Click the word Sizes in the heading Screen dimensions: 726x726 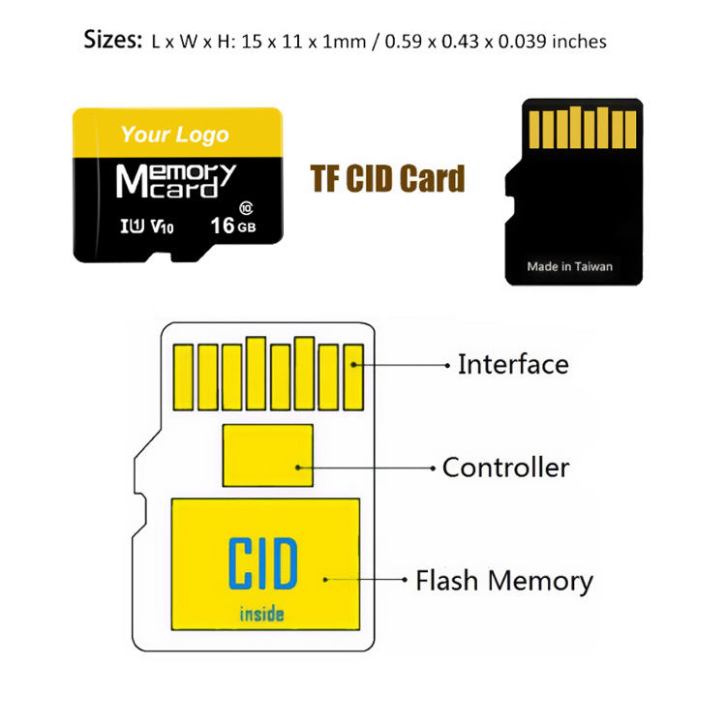tap(113, 41)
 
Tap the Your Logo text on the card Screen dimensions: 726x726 tap(174, 135)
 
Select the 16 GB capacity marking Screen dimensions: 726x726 tap(233, 226)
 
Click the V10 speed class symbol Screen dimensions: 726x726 tap(163, 227)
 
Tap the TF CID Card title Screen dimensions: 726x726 tap(387, 179)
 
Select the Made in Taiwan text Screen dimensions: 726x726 tap(569, 266)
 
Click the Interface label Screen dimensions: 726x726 tap(513, 365)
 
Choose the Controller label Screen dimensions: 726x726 tap(505, 469)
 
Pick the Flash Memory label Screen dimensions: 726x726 tap(503, 581)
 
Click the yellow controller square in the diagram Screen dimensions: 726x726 tap(268, 455)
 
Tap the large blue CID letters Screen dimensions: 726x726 tap(263, 564)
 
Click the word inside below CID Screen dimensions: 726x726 tap(262, 613)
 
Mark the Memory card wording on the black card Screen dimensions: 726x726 tap(175, 180)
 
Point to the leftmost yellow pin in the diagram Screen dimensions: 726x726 tap(183, 376)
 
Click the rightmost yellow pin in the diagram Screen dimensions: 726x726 tap(352, 376)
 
